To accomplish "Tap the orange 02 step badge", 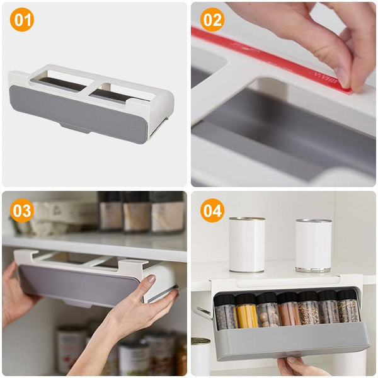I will click(x=212, y=21).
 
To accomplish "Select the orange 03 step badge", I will click(x=21, y=210).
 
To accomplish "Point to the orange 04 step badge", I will click(x=212, y=210).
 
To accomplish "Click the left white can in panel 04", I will click(x=247, y=244).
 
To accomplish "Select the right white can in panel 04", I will click(x=313, y=245).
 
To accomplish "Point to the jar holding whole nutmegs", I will click(x=268, y=313).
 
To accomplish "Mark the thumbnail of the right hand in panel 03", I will click(x=151, y=279).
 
